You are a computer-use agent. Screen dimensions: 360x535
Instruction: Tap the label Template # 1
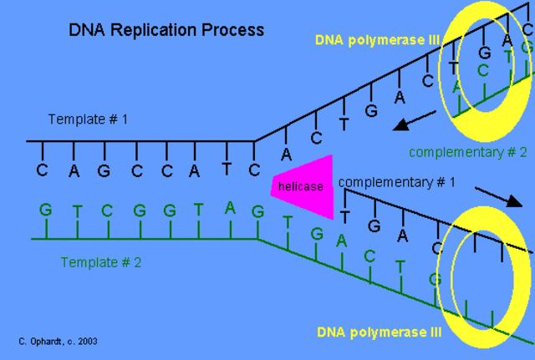(x=88, y=119)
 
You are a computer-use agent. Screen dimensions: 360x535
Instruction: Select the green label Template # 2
(x=101, y=262)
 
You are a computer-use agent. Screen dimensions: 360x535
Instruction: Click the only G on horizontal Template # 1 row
(x=104, y=170)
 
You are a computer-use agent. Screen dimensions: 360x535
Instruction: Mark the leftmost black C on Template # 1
(x=42, y=170)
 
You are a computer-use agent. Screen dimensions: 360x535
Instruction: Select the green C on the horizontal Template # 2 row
(x=108, y=210)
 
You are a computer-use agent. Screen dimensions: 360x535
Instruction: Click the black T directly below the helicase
(x=344, y=216)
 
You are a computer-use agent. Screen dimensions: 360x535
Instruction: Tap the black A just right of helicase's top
(x=286, y=155)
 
